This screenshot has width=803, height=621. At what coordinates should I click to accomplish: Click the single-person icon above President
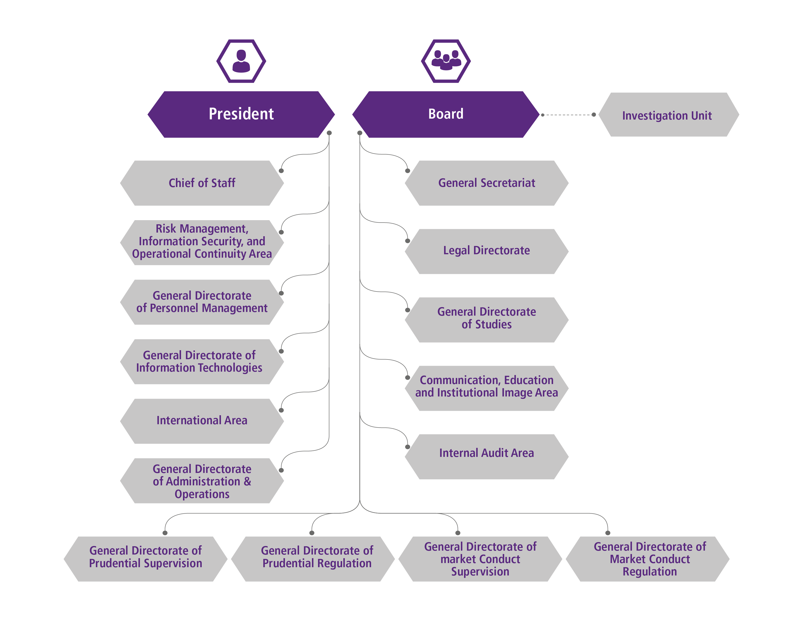pos(241,61)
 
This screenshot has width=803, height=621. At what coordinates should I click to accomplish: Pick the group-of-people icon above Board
pos(445,61)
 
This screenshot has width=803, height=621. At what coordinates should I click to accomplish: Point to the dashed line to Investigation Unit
pos(568,115)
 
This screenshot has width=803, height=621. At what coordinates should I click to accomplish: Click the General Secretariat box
pos(486,183)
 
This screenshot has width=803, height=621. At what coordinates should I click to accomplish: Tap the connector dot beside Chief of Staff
pos(281,171)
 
